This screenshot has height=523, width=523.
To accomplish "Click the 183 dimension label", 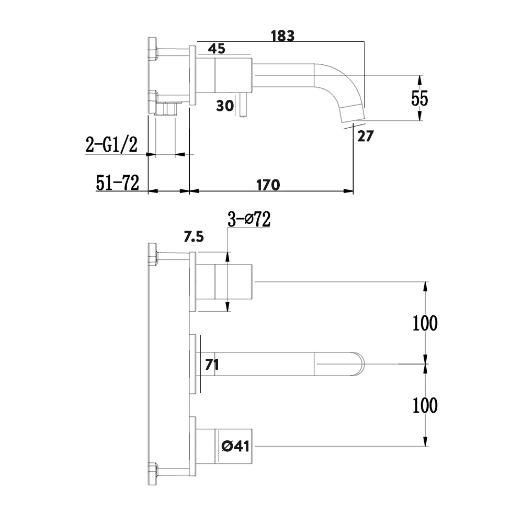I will (x=283, y=36).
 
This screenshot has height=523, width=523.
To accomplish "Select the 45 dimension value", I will (x=217, y=49).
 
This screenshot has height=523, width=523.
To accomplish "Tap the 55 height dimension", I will (x=419, y=98).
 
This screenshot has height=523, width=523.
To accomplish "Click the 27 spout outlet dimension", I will (x=366, y=136).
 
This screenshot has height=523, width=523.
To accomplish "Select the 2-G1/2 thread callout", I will (x=111, y=145).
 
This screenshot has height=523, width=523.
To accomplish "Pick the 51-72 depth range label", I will (x=117, y=183).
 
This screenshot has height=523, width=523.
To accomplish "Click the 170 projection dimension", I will (x=268, y=185).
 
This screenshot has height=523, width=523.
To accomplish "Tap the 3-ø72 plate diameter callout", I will (x=248, y=220).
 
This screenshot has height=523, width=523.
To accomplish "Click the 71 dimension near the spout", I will (x=212, y=365).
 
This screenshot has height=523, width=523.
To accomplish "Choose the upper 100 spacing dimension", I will (x=425, y=323).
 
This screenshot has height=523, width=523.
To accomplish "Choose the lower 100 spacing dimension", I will (x=425, y=405).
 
